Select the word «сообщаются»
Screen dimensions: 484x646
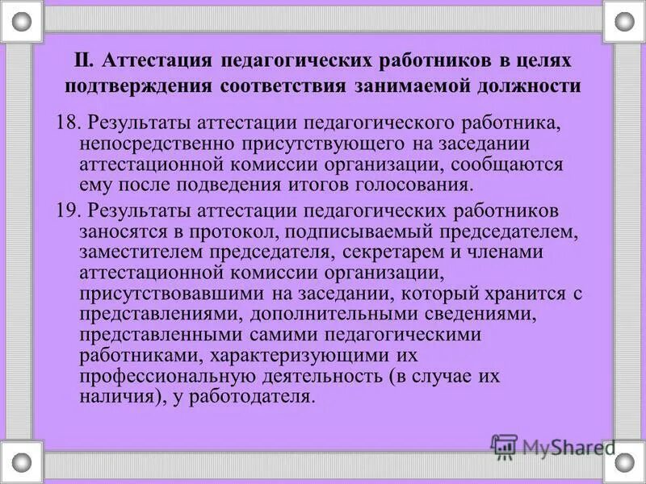click(511, 164)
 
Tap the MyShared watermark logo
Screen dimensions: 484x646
click(554, 446)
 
